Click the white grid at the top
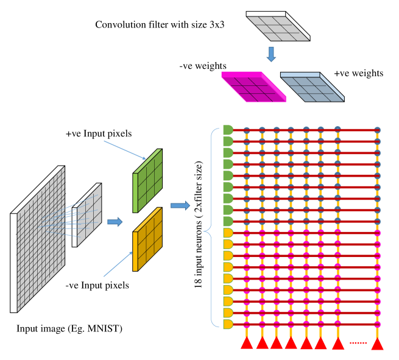[278, 26]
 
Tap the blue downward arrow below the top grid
[271, 54]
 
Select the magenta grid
[253, 87]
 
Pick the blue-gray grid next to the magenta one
[312, 87]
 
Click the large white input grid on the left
[38, 239]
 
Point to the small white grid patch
[87, 215]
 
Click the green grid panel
[148, 181]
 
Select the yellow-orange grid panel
[148, 239]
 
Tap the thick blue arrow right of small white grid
[115, 222]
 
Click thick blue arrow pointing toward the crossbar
[180, 206]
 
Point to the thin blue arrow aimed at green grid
[125, 150]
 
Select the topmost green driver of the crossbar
[228, 130]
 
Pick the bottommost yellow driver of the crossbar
[228, 324]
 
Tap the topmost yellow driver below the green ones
[228, 233]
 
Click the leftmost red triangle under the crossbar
[247, 343]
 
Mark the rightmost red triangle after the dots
[377, 344]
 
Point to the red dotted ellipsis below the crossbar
[358, 343]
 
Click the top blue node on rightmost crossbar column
[377, 130]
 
